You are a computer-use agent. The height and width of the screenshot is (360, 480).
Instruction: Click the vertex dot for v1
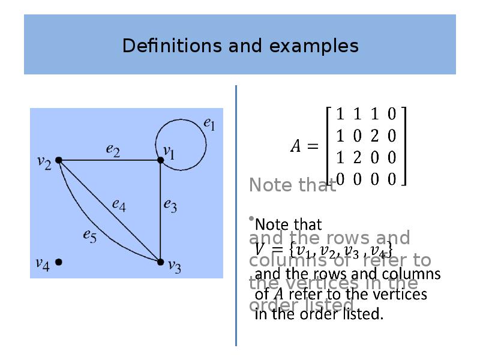pyautogui.click(x=161, y=160)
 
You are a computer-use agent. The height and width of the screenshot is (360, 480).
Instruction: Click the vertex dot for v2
pyautogui.click(x=59, y=160)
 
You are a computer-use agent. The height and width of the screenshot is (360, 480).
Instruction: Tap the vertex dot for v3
pyautogui.click(x=160, y=262)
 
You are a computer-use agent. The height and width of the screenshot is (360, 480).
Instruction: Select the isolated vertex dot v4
pyautogui.click(x=59, y=262)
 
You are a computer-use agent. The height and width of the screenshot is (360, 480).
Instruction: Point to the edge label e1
pyautogui.click(x=209, y=124)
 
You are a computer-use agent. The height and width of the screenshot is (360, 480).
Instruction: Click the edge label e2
pyautogui.click(x=113, y=151)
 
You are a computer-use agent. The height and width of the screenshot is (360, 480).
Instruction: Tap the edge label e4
pyautogui.click(x=119, y=204)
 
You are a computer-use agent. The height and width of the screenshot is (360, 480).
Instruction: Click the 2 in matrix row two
pyautogui.click(x=374, y=136)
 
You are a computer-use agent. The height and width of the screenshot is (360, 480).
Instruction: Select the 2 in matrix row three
pyautogui.click(x=358, y=157)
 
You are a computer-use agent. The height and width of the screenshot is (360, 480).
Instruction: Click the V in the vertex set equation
pyautogui.click(x=259, y=247)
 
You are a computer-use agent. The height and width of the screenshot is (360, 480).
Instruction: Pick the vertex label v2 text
pyautogui.click(x=44, y=161)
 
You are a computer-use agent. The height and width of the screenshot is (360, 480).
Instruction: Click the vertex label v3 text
pyautogui.click(x=174, y=266)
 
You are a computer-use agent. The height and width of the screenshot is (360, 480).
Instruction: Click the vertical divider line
pyautogui.click(x=236, y=216)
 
